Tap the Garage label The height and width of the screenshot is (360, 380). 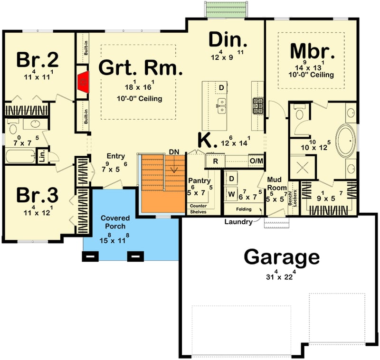(x=281, y=257)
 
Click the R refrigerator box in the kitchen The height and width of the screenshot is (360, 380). (x=215, y=161)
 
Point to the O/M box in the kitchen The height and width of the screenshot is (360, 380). (x=256, y=161)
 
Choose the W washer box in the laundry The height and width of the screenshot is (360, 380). (x=232, y=194)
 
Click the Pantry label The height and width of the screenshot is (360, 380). (x=199, y=181)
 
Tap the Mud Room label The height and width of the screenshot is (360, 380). (x=275, y=183)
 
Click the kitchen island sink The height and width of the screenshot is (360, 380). (x=222, y=106)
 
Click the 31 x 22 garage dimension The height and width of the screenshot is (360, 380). (x=281, y=275)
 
